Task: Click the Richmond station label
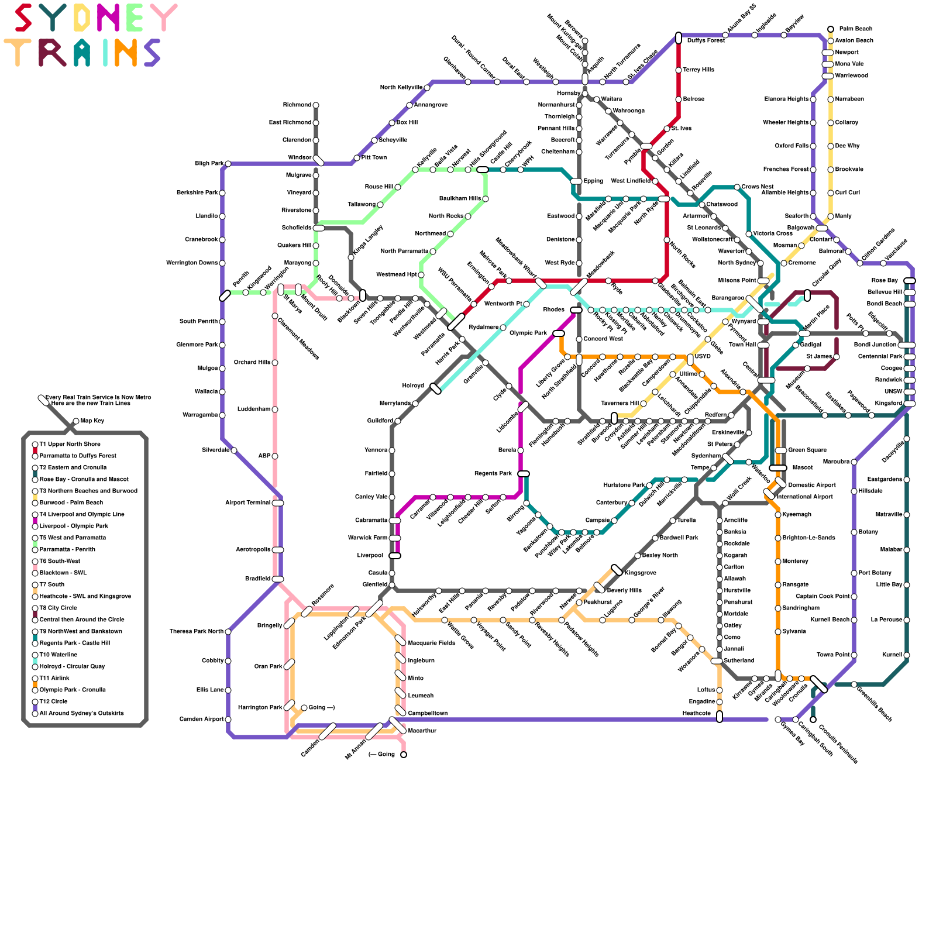coord(297,105)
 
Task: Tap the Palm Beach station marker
coord(831,29)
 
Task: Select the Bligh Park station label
coord(209,164)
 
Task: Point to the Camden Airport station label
coord(201,720)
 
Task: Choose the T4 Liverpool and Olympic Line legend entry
coord(82,515)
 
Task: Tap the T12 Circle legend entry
coord(53,702)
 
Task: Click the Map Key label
coord(92,421)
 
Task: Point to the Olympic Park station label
coord(528,333)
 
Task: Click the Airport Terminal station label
coord(247,503)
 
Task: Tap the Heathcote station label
coord(697,714)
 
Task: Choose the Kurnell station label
coord(893,655)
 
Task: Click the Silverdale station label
coord(215,450)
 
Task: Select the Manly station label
coord(844,216)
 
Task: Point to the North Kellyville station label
coord(401,88)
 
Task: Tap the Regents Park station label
coord(493,474)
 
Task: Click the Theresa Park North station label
coord(197,632)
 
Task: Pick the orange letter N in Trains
coord(125,53)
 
